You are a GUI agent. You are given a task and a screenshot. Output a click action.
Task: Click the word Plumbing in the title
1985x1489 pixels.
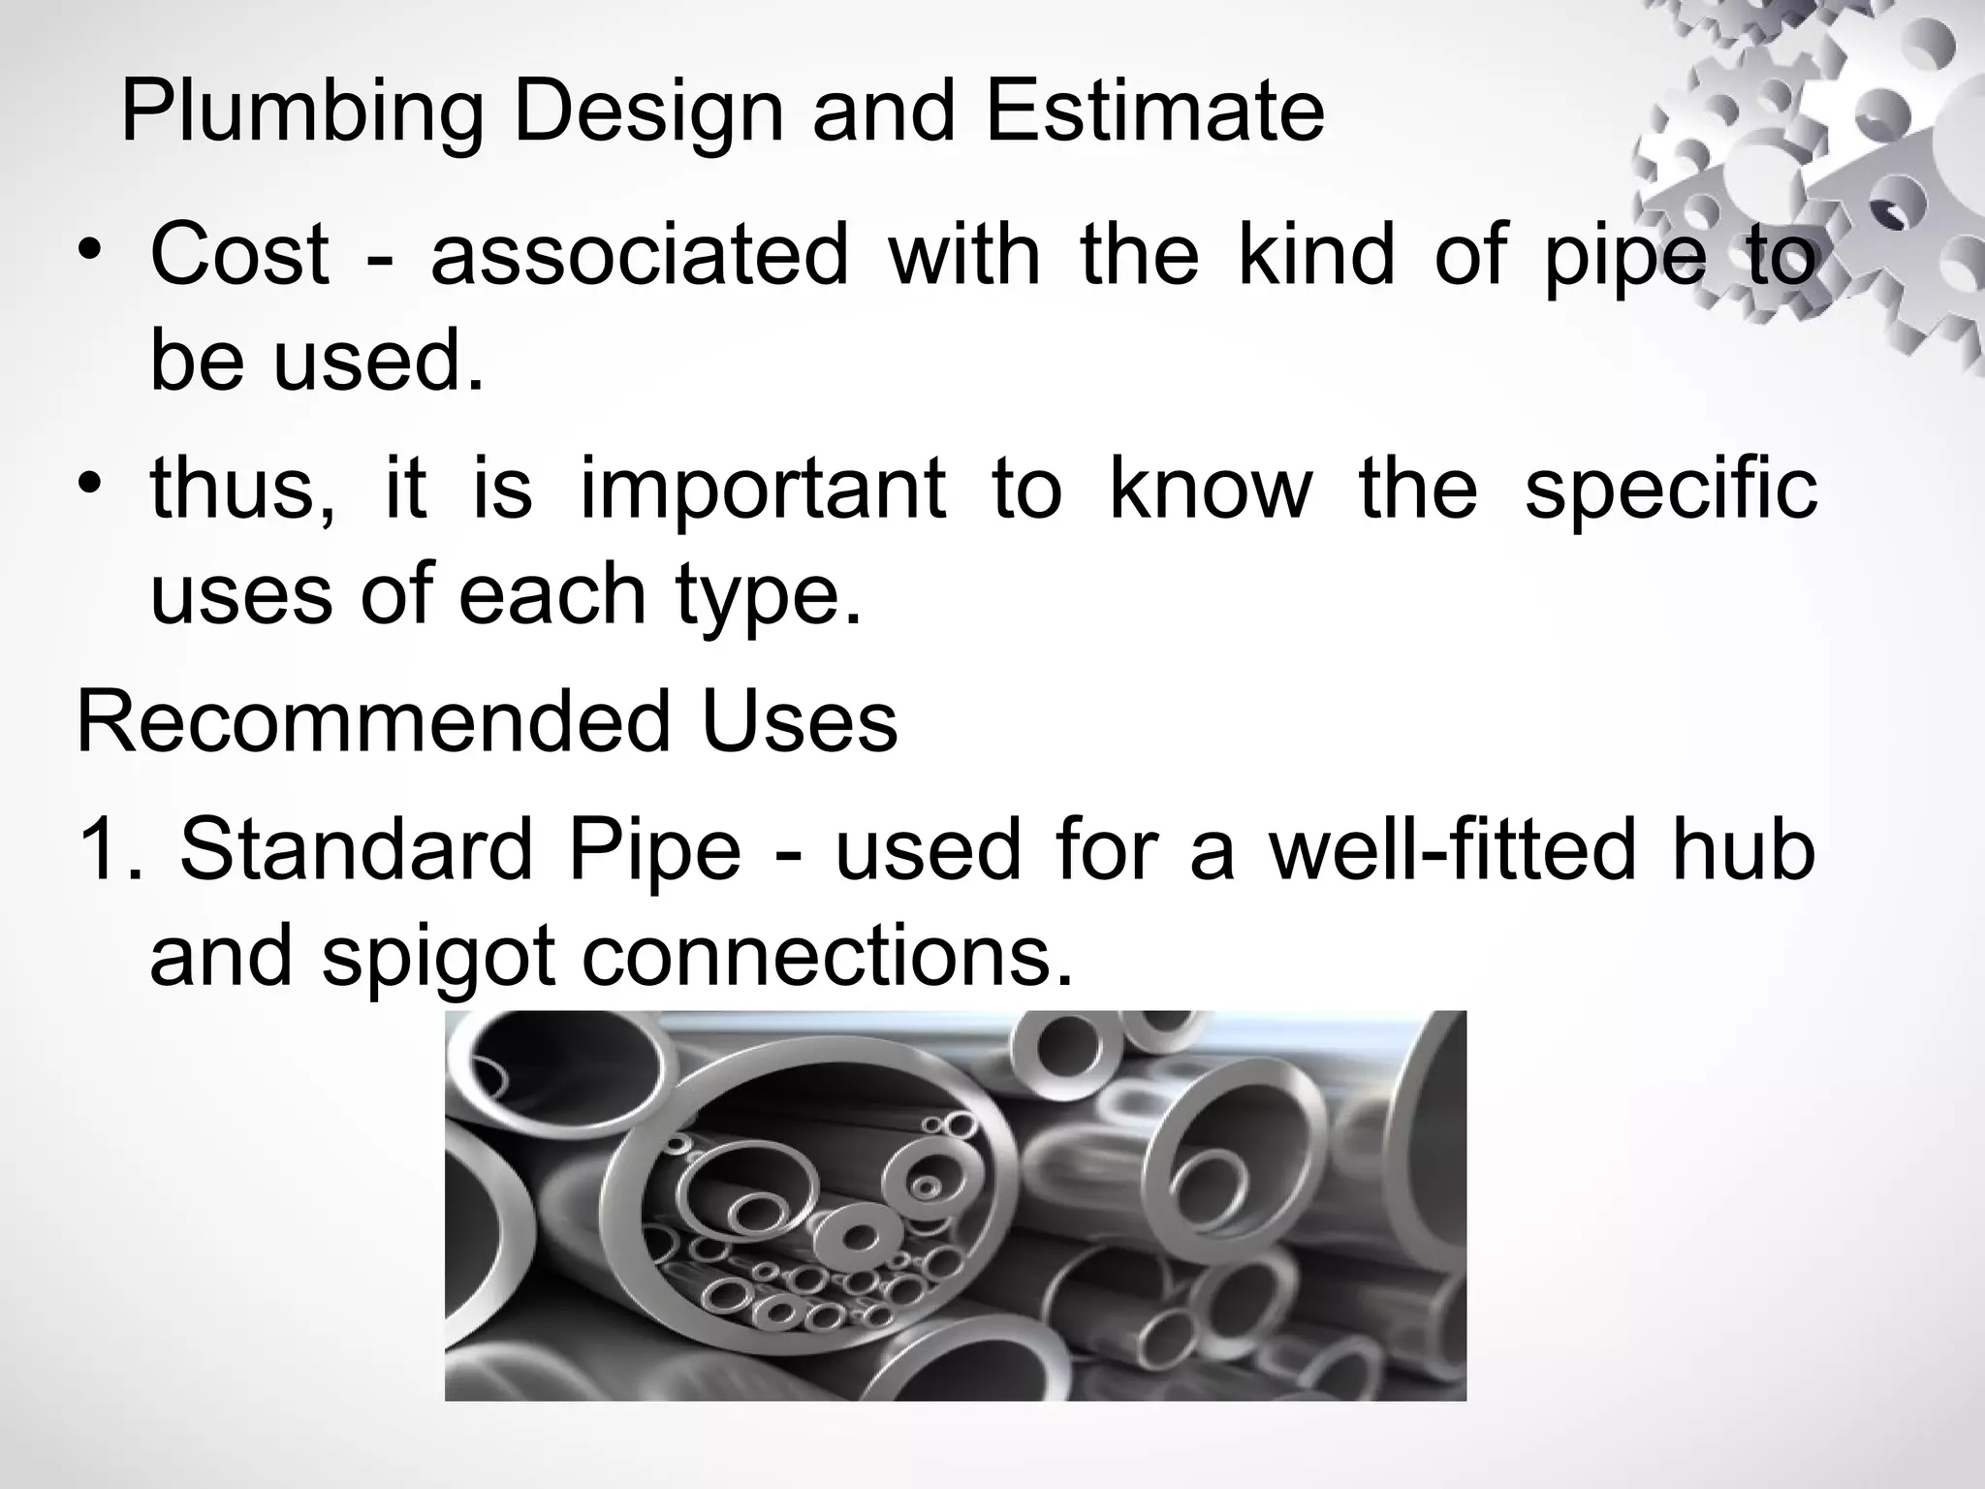coord(301,113)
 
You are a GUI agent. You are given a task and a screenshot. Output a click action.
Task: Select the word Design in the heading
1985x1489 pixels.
coord(647,113)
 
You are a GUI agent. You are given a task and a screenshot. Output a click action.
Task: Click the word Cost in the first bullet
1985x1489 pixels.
coord(239,254)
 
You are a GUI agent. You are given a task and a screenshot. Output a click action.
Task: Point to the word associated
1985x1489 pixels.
coord(640,254)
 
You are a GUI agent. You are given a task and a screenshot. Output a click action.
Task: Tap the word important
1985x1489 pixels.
coord(763,489)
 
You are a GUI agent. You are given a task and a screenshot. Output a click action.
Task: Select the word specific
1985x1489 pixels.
coord(1670,487)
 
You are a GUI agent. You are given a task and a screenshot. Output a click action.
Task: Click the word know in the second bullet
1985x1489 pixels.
coord(1211,487)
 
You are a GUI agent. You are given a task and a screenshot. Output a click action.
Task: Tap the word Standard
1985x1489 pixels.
coord(356,849)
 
